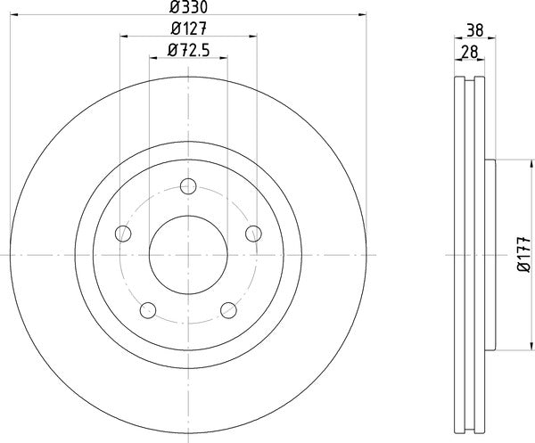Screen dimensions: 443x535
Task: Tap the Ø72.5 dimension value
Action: (188, 52)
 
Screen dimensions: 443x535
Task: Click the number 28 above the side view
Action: (466, 52)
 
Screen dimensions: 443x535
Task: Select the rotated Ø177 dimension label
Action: (521, 256)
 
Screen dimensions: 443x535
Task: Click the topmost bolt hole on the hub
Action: (188, 185)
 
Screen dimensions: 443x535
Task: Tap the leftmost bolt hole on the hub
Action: (123, 234)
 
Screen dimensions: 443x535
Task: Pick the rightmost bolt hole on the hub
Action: (253, 234)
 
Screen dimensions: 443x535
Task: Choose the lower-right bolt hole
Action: (228, 309)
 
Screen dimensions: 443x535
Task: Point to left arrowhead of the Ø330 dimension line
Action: (12, 14)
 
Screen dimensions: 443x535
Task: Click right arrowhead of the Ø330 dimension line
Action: (364, 14)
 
